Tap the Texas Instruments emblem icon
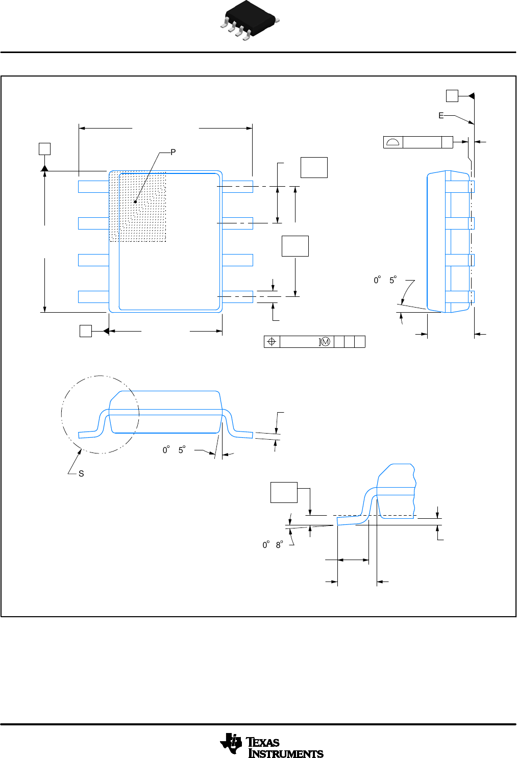pyautogui.click(x=231, y=744)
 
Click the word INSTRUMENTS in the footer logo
pyautogui.click(x=286, y=753)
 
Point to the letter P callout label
pyautogui.click(x=173, y=152)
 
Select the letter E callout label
pyautogui.click(x=441, y=116)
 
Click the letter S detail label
pyautogui.click(x=81, y=474)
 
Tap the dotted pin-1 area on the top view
pyautogui.click(x=138, y=206)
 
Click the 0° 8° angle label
pyautogui.click(x=273, y=545)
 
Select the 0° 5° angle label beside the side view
pyautogui.click(x=385, y=280)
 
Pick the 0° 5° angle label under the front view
pyautogui.click(x=174, y=450)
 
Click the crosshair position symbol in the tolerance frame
pyautogui.click(x=272, y=342)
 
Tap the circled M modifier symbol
pyautogui.click(x=326, y=342)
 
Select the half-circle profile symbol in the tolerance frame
pyautogui.click(x=393, y=142)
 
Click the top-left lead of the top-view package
pyautogui.click(x=93, y=187)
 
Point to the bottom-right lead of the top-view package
pyautogui.click(x=238, y=296)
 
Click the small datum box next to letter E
pyautogui.click(x=452, y=96)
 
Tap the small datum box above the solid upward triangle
pyautogui.click(x=45, y=149)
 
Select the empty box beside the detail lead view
pyautogui.click(x=284, y=492)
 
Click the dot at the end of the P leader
pyautogui.click(x=135, y=201)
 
